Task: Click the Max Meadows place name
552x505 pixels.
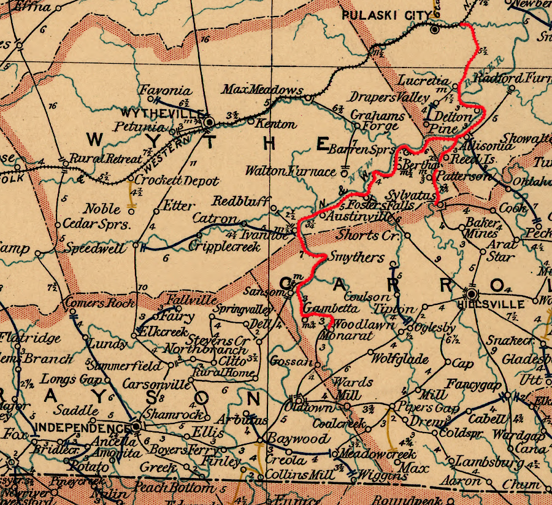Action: [263, 90]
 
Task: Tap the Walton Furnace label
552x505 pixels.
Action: [291, 171]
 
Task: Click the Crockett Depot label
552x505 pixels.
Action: [177, 181]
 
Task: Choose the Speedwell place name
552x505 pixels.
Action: [95, 249]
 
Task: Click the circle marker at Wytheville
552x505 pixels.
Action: [209, 122]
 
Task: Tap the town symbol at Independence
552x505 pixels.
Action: [136, 425]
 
